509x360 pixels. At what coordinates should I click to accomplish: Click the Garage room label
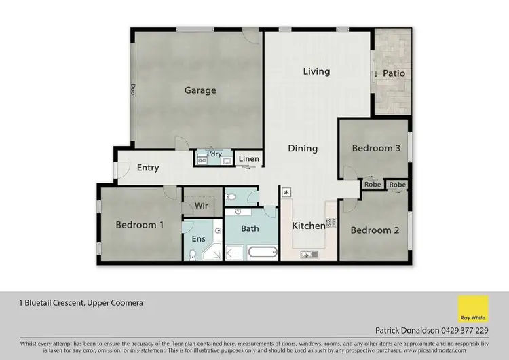(x=200, y=90)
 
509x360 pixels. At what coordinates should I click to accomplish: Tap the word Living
(x=316, y=71)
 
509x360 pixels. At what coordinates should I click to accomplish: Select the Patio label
(x=394, y=73)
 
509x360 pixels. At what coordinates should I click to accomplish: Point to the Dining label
(x=303, y=148)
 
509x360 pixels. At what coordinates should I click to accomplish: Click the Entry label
(x=148, y=168)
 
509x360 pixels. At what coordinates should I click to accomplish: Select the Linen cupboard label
(x=248, y=159)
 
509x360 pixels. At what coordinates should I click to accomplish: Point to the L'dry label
(x=214, y=154)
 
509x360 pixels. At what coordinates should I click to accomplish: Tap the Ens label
(x=198, y=239)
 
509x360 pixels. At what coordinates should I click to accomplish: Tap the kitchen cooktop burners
(x=331, y=222)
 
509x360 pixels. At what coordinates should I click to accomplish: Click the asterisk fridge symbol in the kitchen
(x=286, y=193)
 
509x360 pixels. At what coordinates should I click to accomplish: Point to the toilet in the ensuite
(x=193, y=255)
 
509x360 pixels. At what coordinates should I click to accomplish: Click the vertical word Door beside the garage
(x=133, y=90)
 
